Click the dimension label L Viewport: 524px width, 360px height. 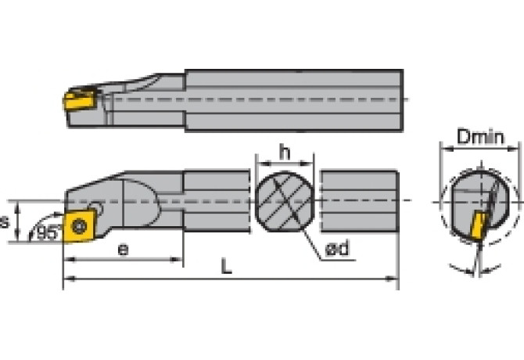point(226,267)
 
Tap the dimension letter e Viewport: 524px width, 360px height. point(122,250)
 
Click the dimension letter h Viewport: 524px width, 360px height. point(285,153)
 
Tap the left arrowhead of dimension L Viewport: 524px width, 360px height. point(67,278)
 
